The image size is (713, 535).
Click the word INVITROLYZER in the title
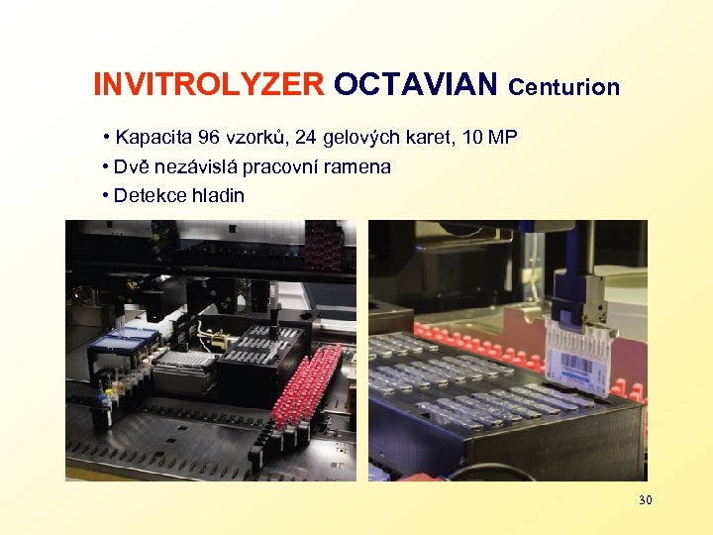pyautogui.click(x=208, y=86)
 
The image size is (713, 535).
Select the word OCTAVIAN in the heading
pyautogui.click(x=416, y=86)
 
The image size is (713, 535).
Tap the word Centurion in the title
pyautogui.click(x=564, y=88)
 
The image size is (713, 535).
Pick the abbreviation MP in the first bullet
pyautogui.click(x=504, y=137)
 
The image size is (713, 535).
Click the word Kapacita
pyautogui.click(x=152, y=137)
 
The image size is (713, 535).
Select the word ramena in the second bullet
pyautogui.click(x=362, y=166)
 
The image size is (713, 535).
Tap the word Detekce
pyautogui.click(x=148, y=195)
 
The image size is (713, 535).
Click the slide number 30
pyautogui.click(x=645, y=500)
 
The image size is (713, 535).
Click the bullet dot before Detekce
pyautogui.click(x=105, y=196)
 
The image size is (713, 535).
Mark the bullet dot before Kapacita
pyautogui.click(x=105, y=138)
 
